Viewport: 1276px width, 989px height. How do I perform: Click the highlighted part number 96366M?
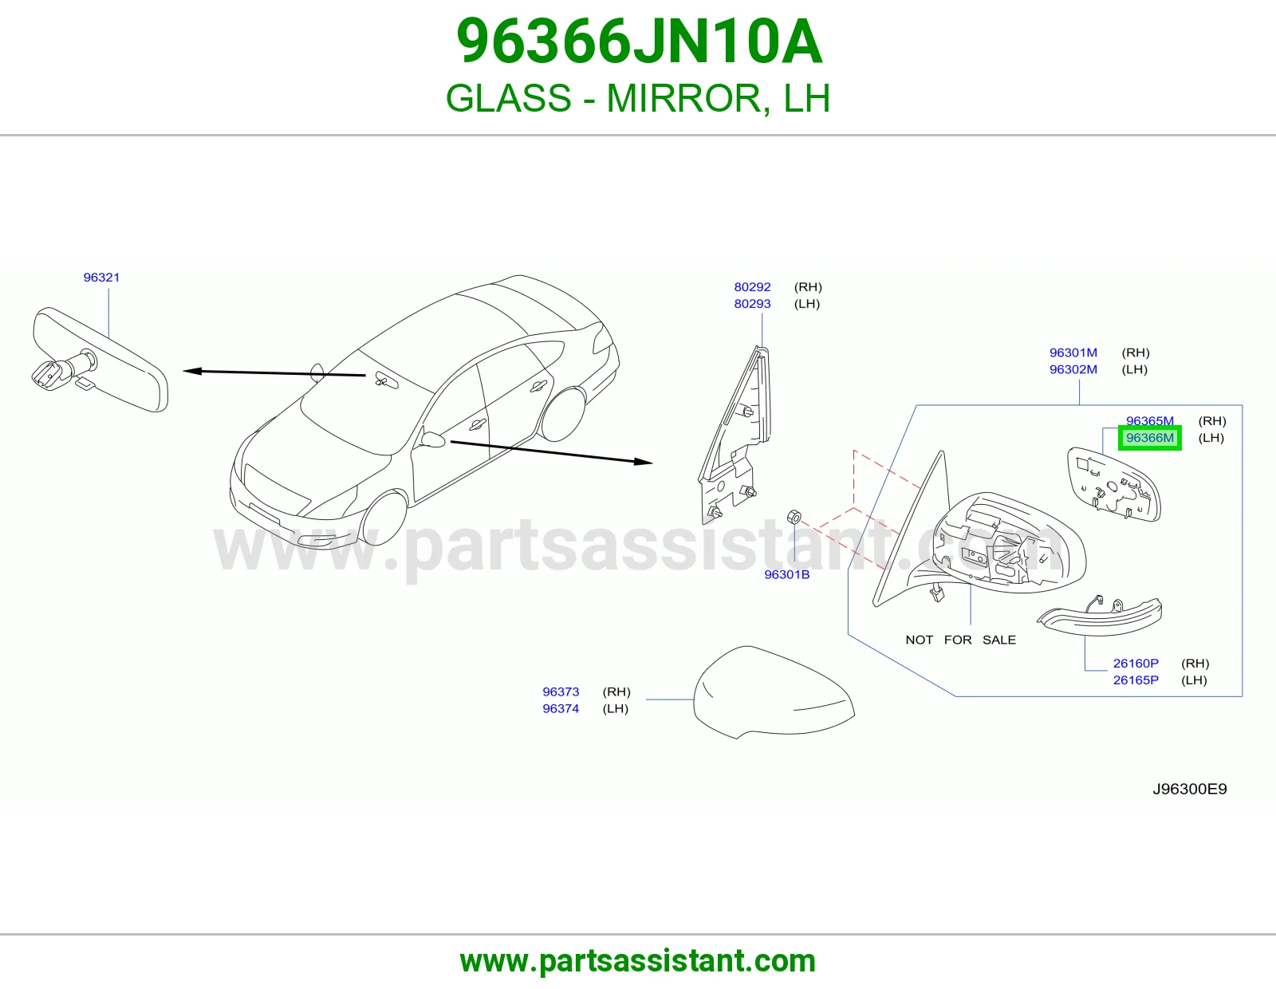pos(1150,438)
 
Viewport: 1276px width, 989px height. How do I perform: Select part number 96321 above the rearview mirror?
pos(101,278)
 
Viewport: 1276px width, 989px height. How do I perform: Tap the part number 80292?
pos(752,287)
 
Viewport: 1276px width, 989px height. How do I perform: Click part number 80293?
pos(752,304)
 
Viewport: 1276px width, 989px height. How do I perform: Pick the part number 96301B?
pos(787,574)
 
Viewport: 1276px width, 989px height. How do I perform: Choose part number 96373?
pos(561,692)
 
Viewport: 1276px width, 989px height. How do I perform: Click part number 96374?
pos(561,709)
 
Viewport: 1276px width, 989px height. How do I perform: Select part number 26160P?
pos(1136,663)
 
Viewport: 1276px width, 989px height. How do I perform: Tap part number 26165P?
pos(1136,680)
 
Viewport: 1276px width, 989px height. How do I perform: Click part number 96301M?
pos(1073,353)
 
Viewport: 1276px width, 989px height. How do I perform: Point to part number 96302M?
pos(1073,369)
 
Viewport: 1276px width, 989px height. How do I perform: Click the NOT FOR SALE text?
pos(961,640)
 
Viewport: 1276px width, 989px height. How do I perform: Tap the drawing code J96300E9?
pos(1190,789)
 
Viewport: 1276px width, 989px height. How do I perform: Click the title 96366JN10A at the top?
pos(639,41)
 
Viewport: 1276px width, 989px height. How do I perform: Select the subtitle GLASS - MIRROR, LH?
pos(638,98)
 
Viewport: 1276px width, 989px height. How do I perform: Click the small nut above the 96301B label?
pos(794,518)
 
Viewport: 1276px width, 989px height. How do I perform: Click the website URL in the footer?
pos(638,961)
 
